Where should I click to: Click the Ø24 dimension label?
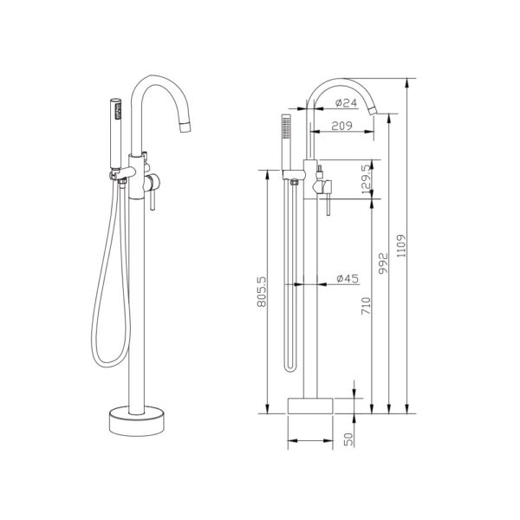coord(346,103)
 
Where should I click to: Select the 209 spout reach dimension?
coord(342,126)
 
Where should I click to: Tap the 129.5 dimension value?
coord(366,179)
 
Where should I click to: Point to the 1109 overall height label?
coord(401,246)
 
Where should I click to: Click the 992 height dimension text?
coord(383,263)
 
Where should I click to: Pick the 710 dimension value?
coord(366,306)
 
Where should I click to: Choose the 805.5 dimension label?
coord(262,292)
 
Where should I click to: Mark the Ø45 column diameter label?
coord(348,278)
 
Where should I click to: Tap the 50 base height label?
coord(348,439)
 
